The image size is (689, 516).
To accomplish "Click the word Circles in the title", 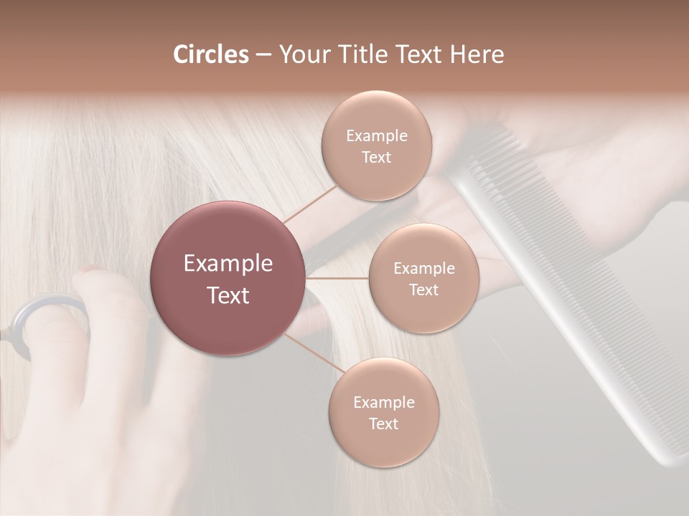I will point(210,54).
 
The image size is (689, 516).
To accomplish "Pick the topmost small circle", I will point(376,145).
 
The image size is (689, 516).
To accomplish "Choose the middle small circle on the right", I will point(423,278).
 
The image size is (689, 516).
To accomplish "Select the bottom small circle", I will point(383,412).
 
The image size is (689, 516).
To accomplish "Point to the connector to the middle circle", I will point(337,278).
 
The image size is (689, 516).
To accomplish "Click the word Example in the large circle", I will point(228,264).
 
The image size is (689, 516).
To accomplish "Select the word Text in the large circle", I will point(228,295).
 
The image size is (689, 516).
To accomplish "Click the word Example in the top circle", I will point(377,135).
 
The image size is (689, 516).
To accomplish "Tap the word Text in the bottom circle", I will point(383,424).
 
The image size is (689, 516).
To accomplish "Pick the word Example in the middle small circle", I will point(424,268).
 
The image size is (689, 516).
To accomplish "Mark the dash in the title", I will point(263,55).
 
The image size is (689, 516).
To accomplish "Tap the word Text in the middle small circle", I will point(423,290).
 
